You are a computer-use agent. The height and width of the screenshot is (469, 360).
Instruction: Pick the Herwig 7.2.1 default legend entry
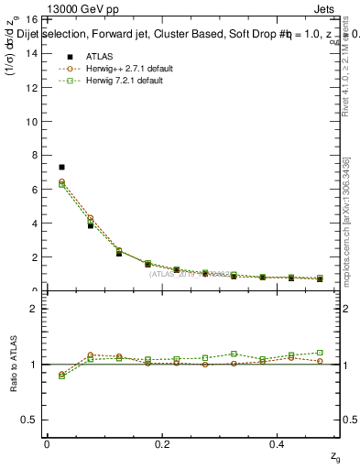[x=109, y=81]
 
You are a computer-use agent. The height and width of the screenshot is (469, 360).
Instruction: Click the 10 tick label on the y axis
[x=31, y=121]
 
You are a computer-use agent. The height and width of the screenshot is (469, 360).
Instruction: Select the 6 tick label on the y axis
[x=34, y=190]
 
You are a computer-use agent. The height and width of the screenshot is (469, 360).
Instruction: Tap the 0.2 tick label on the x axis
[x=163, y=444]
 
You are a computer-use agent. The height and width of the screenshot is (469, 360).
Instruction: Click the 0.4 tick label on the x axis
[x=279, y=444]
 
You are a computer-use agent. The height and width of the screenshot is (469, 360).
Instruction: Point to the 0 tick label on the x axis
[x=46, y=444]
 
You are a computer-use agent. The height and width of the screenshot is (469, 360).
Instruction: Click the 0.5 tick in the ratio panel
[x=29, y=420]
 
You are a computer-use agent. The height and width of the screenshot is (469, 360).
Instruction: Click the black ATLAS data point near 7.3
[x=61, y=167]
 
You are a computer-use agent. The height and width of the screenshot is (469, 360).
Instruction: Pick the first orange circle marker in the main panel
[x=61, y=181]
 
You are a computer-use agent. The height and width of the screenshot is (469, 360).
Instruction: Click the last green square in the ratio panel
[x=320, y=352]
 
